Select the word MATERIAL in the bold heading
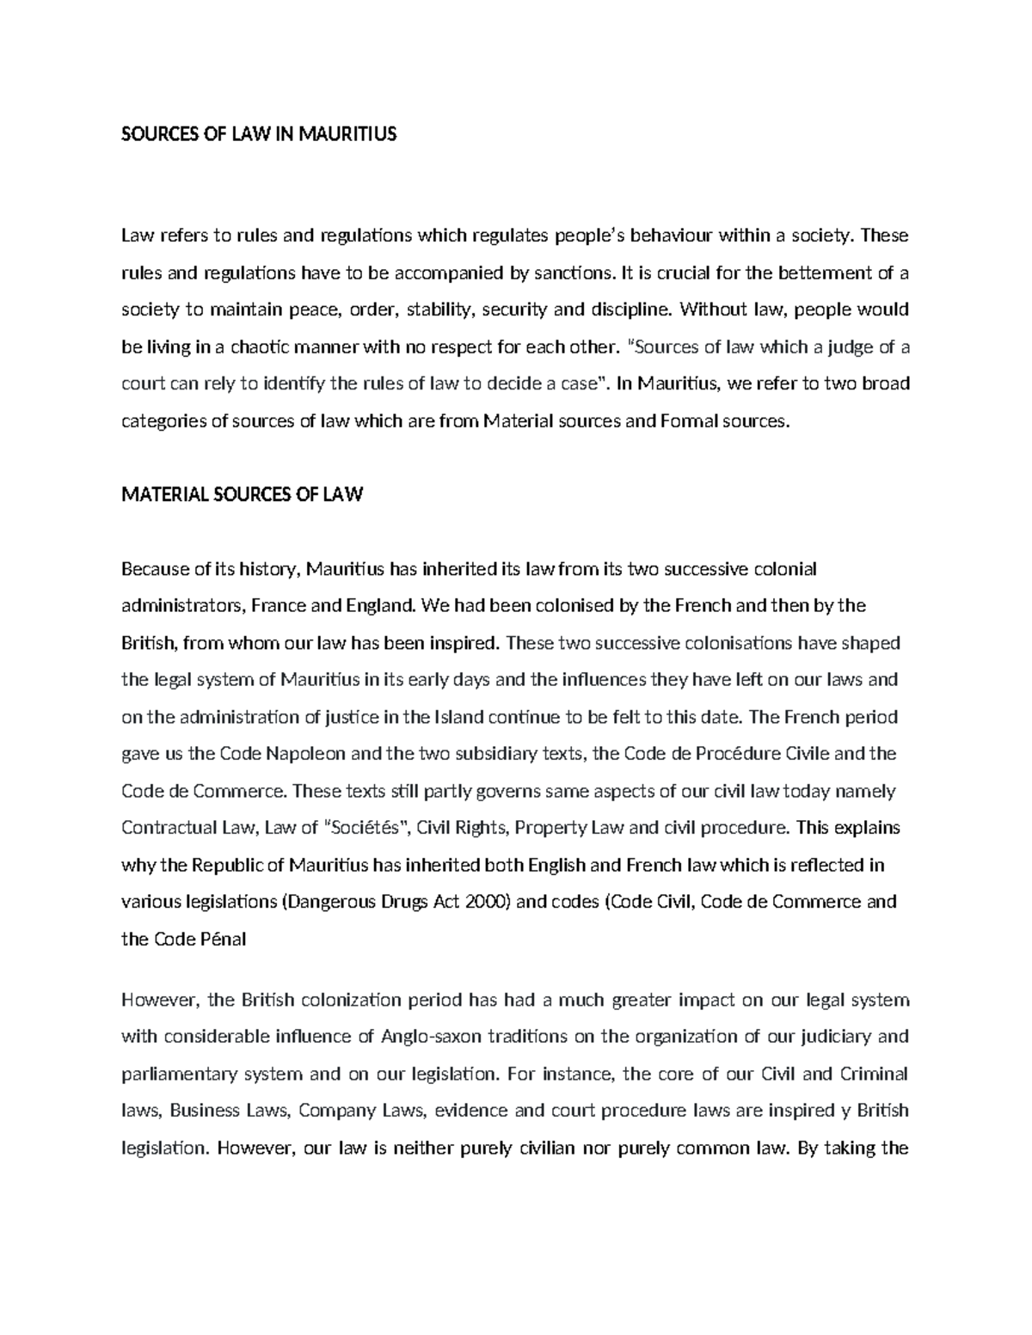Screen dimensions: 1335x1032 coord(164,494)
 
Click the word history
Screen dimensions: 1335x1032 coord(267,569)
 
